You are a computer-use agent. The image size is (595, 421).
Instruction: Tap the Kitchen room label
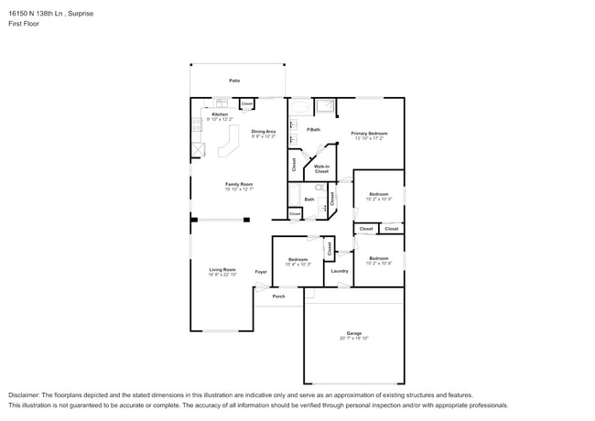click(220, 114)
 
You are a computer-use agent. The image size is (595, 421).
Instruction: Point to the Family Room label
click(239, 184)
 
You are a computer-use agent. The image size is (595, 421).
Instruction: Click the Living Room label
click(222, 269)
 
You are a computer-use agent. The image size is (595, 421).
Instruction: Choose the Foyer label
click(261, 272)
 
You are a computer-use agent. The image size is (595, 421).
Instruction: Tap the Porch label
click(279, 296)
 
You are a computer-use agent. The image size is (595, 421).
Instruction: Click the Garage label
click(353, 333)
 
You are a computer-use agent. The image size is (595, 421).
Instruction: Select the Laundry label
click(340, 270)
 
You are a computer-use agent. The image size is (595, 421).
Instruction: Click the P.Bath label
click(313, 129)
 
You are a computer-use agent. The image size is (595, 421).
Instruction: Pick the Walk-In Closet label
click(321, 168)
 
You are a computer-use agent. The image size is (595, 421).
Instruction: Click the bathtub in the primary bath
click(300, 105)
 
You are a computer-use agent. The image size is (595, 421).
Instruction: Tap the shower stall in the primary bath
click(325, 106)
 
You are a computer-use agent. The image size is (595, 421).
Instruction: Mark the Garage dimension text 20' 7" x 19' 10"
click(353, 339)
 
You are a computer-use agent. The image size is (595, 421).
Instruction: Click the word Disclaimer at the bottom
click(24, 394)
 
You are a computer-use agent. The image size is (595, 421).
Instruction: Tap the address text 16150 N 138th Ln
click(38, 14)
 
